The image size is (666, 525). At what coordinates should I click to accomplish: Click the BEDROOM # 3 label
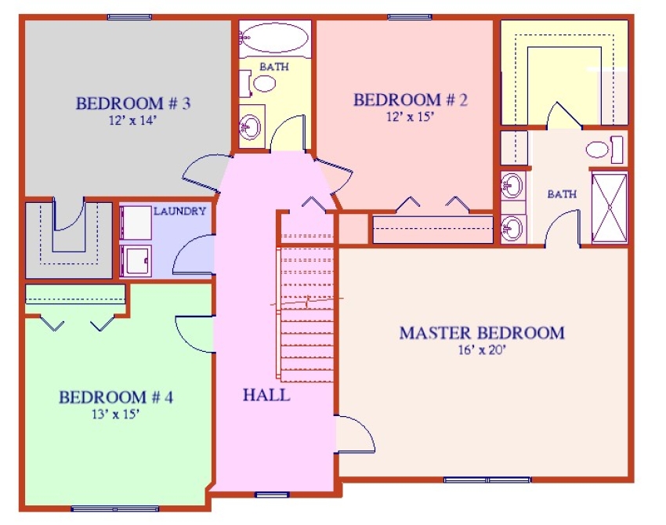pyautogui.click(x=133, y=103)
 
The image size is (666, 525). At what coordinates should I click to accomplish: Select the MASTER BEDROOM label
pyautogui.click(x=481, y=333)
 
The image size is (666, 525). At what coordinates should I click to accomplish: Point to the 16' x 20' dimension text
pyautogui.click(x=481, y=350)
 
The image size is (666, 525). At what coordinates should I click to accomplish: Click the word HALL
pyautogui.click(x=266, y=395)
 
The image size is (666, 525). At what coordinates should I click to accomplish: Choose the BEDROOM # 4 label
pyautogui.click(x=116, y=397)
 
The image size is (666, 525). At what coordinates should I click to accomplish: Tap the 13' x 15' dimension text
pyautogui.click(x=115, y=415)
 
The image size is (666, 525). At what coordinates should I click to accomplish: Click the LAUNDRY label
pyautogui.click(x=179, y=211)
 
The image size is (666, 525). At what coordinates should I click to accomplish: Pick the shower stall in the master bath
pyautogui.click(x=609, y=208)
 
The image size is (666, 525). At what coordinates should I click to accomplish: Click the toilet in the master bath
pyautogui.click(x=603, y=149)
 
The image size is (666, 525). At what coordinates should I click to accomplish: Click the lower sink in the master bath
pyautogui.click(x=512, y=227)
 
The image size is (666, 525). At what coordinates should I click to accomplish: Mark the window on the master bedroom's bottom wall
pyautogui.click(x=487, y=480)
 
